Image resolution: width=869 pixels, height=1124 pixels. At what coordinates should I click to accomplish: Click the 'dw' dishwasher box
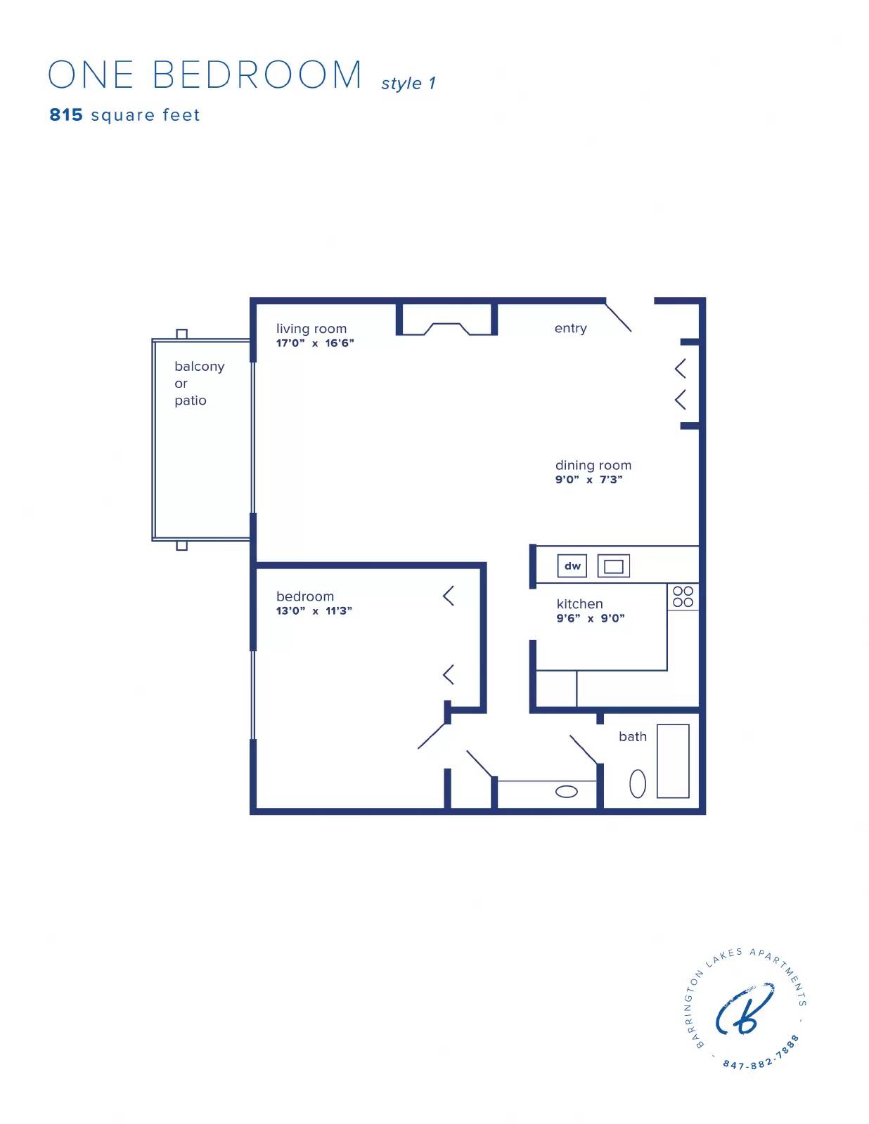point(572,566)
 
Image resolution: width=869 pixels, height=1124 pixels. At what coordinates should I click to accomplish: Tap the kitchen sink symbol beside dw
point(613,566)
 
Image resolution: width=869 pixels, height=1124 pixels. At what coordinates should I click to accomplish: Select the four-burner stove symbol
point(683,596)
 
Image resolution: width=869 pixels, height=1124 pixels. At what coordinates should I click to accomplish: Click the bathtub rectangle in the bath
point(673,762)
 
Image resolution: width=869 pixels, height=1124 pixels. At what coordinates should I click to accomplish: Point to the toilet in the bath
point(638,784)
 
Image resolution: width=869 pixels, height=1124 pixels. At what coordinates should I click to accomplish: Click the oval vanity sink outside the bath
point(567,792)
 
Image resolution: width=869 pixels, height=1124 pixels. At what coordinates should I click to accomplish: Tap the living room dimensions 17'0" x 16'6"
point(315,344)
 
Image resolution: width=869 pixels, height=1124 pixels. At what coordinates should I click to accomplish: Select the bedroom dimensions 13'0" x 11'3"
point(314,611)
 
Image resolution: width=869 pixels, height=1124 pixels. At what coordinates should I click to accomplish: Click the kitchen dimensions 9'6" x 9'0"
point(591,619)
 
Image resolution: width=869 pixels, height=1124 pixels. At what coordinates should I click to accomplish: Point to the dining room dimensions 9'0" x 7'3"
point(589,480)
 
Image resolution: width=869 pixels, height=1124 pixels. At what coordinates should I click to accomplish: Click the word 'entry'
point(570,328)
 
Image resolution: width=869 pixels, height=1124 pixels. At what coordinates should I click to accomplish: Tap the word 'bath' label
point(633,737)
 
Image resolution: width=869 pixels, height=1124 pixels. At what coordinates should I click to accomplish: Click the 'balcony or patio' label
point(198,384)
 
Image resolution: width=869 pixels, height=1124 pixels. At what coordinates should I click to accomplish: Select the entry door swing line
point(619,317)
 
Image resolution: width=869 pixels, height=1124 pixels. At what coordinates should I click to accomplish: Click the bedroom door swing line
point(432,736)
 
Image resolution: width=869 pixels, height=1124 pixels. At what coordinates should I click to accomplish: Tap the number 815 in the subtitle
point(66,115)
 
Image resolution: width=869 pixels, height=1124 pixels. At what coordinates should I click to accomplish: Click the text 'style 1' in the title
point(408,84)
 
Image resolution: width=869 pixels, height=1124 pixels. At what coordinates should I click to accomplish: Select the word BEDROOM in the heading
point(257,75)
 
